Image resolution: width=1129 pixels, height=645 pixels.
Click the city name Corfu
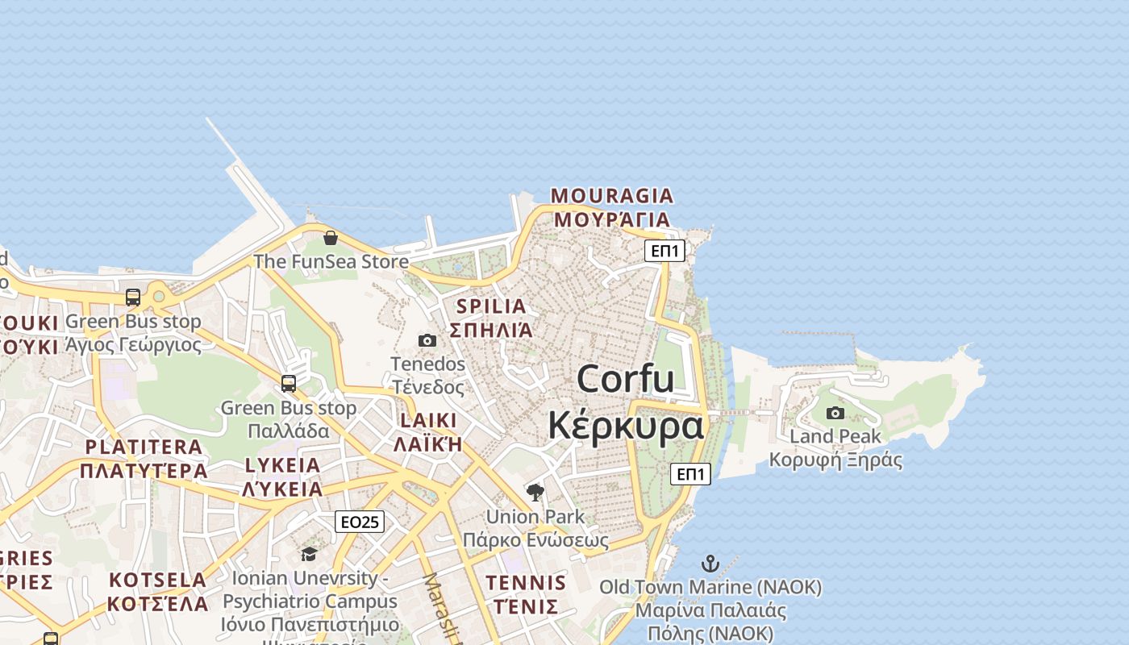pyautogui.click(x=626, y=379)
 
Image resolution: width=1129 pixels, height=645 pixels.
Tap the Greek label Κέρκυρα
pyautogui.click(x=626, y=425)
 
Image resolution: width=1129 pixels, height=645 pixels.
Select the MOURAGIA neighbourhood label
pyautogui.click(x=611, y=196)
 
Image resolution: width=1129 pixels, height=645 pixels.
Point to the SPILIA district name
pyautogui.click(x=491, y=306)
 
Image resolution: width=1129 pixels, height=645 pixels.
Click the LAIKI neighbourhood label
pyautogui.click(x=428, y=421)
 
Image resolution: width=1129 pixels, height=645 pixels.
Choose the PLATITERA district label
pyautogui.click(x=144, y=447)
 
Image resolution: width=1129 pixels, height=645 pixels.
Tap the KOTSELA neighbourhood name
pyautogui.click(x=158, y=580)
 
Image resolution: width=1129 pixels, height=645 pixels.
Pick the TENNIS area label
pyautogui.click(x=526, y=582)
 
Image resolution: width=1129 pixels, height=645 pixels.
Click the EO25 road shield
pyautogui.click(x=360, y=522)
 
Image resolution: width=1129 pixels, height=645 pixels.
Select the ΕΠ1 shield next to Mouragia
pyautogui.click(x=665, y=251)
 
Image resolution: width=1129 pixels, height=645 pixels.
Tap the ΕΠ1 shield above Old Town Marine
pyautogui.click(x=691, y=474)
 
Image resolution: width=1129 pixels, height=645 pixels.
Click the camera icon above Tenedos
pyautogui.click(x=427, y=341)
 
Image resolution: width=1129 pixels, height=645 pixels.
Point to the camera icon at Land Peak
pyautogui.click(x=835, y=414)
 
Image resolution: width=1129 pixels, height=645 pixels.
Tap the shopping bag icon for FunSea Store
pyautogui.click(x=331, y=238)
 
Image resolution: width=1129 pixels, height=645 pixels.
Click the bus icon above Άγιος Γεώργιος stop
pyautogui.click(x=133, y=298)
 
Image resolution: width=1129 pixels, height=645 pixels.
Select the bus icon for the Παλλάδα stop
pyautogui.click(x=289, y=384)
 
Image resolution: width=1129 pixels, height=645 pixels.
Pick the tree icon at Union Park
pyautogui.click(x=535, y=492)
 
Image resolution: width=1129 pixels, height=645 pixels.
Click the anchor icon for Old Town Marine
pyautogui.click(x=710, y=563)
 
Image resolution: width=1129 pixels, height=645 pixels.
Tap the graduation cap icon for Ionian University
pyautogui.click(x=309, y=554)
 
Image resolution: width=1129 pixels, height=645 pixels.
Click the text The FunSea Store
pyautogui.click(x=331, y=262)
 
